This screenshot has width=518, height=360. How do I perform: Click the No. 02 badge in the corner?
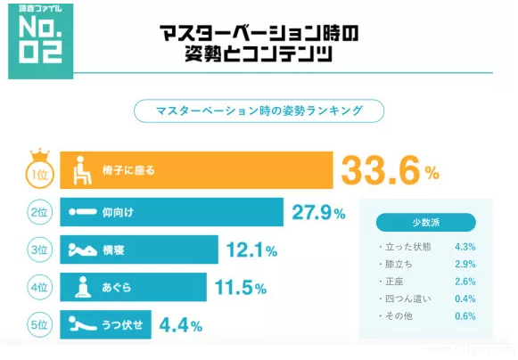38,40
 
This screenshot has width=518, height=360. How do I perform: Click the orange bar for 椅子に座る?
196,169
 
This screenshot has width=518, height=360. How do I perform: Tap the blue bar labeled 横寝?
138,250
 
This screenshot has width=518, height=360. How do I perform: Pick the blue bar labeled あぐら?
134,288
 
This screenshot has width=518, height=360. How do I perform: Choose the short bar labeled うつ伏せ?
106,324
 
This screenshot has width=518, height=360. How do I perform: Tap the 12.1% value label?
253,250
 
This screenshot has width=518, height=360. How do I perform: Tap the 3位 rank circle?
37,250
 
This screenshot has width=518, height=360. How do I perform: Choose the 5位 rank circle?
37,324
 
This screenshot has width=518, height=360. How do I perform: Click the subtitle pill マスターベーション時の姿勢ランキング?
259,111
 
